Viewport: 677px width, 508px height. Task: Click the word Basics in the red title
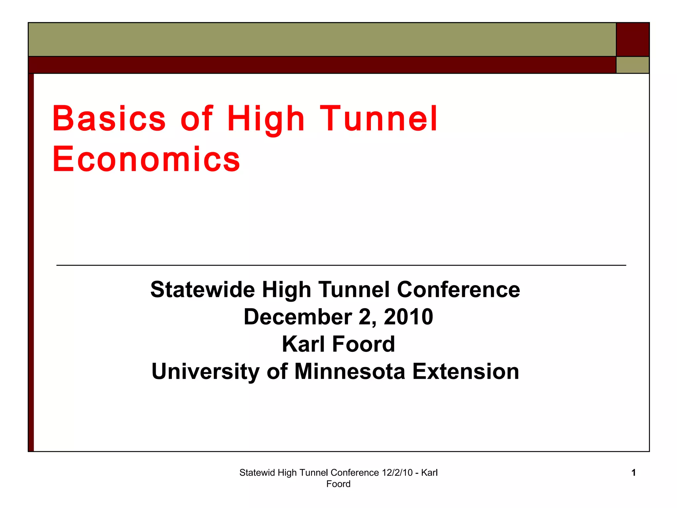click(x=109, y=118)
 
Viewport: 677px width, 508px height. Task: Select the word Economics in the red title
click(x=146, y=159)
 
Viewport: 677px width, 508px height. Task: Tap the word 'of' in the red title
click(x=197, y=118)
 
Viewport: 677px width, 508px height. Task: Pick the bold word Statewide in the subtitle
click(x=203, y=290)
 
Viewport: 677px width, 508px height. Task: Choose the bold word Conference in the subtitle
click(x=458, y=290)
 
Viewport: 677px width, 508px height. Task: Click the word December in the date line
click(x=298, y=317)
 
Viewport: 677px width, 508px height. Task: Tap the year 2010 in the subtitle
click(x=408, y=317)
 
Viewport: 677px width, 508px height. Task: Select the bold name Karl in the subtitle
click(x=303, y=344)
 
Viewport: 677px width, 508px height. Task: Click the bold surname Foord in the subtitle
click(x=363, y=344)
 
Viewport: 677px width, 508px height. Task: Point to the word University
click(x=205, y=372)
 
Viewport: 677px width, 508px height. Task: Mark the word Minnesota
click(x=350, y=371)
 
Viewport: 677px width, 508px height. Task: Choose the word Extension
click(x=466, y=371)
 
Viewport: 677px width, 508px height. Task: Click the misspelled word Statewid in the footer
click(x=257, y=473)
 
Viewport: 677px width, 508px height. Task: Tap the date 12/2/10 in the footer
click(x=397, y=473)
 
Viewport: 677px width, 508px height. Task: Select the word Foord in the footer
click(x=338, y=484)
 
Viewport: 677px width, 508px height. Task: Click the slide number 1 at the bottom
click(x=633, y=473)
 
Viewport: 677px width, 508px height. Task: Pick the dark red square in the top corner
click(x=633, y=39)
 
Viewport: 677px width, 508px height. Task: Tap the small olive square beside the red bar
click(x=633, y=65)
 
